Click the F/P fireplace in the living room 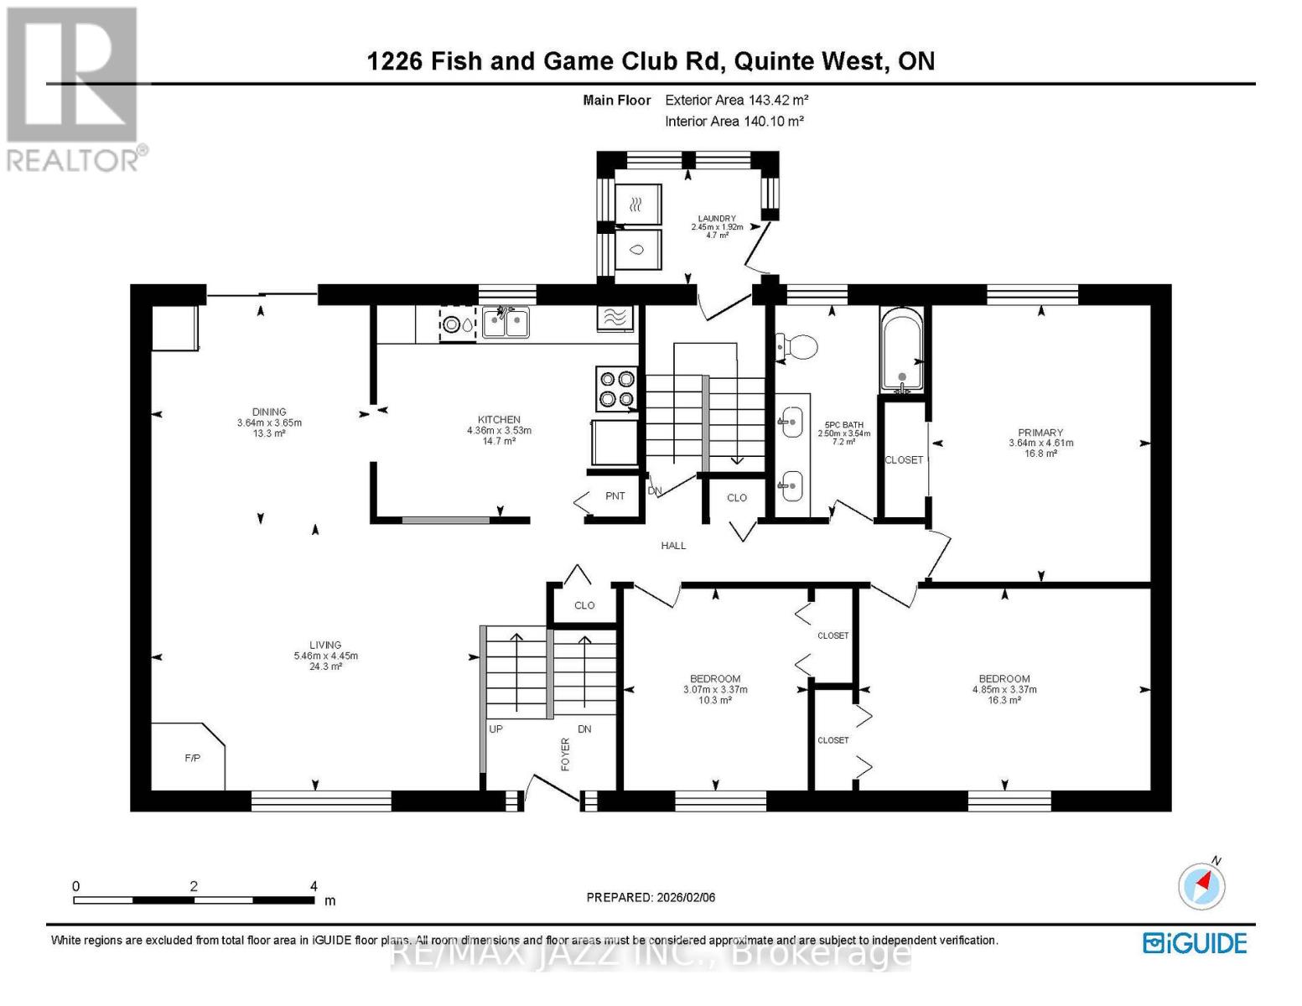point(189,757)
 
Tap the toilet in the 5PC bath point(797,346)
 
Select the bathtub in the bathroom point(901,350)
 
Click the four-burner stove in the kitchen point(617,389)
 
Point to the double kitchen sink point(506,323)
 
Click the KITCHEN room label point(499,419)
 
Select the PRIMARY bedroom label point(1040,433)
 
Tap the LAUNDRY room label point(717,218)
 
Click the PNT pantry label point(615,495)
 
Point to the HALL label point(673,546)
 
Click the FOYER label point(565,754)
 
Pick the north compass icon point(1202,884)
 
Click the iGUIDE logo point(1195,943)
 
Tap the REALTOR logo point(75,88)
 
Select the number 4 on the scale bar point(314,886)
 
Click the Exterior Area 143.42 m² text point(736,100)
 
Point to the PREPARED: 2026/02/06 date point(651,897)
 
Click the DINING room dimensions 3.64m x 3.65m point(269,423)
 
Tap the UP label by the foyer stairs point(495,729)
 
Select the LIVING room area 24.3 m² point(325,666)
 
